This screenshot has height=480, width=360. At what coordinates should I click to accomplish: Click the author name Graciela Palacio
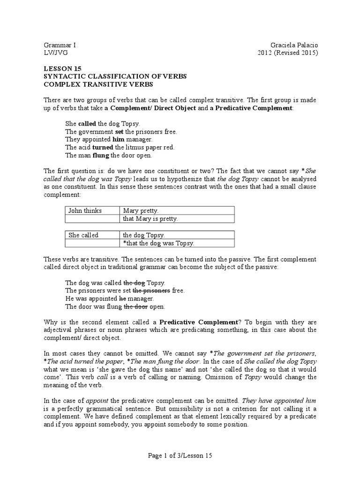291,45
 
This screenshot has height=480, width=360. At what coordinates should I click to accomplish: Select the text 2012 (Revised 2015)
288,53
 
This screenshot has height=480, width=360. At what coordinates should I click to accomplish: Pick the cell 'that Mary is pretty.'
150,219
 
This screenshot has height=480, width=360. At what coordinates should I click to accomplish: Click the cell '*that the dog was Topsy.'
158,243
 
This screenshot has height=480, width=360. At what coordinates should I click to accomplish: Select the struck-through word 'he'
123,299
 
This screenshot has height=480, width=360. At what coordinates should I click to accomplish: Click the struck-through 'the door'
135,307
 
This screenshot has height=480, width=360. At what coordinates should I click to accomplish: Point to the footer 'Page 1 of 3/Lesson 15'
180,455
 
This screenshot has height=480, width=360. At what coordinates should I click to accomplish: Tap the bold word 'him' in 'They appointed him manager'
118,139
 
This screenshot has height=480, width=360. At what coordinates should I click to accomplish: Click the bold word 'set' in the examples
119,131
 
